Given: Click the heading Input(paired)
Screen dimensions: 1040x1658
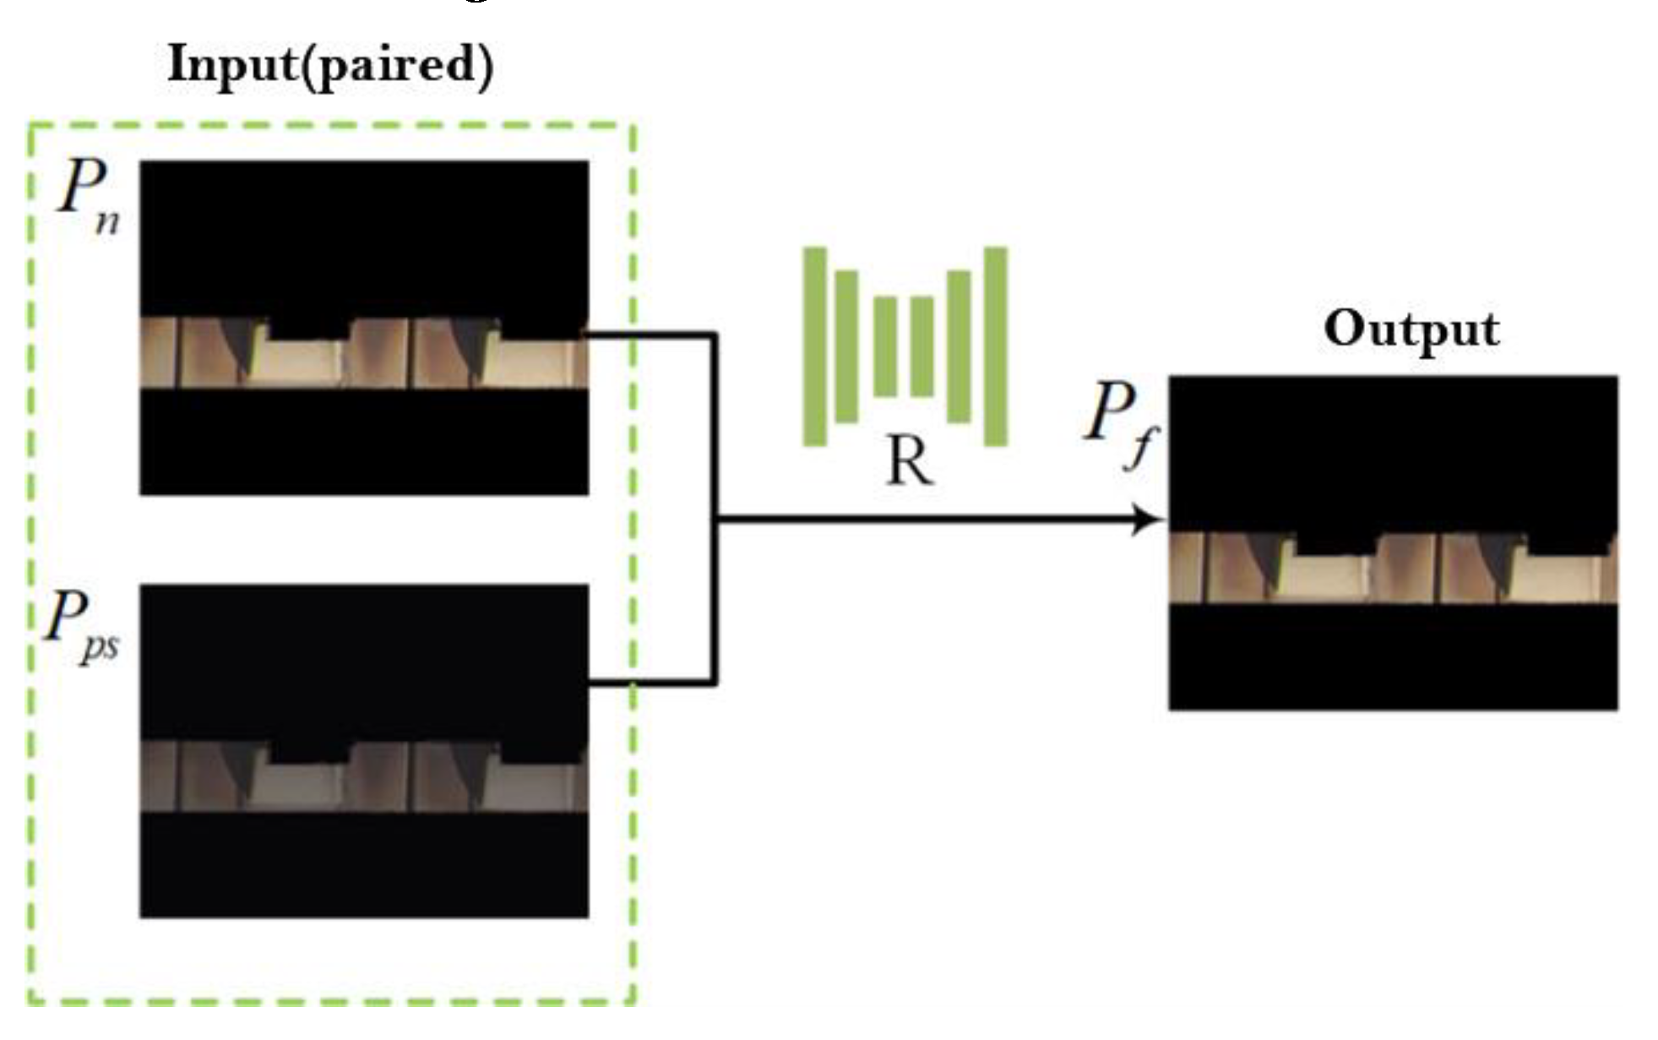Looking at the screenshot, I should tap(330, 65).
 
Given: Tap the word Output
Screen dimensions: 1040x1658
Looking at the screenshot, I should tap(1411, 329).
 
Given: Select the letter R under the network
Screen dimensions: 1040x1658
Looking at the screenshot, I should tap(910, 462).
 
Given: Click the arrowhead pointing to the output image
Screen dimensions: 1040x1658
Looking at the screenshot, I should tap(1148, 519).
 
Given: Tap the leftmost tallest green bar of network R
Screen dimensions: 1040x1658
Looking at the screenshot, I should tap(814, 346).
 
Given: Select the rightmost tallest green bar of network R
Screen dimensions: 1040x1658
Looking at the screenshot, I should tap(996, 346).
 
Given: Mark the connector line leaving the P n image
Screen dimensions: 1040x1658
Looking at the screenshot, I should tap(650, 335).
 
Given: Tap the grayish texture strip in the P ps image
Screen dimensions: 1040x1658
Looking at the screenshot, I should tap(363, 777).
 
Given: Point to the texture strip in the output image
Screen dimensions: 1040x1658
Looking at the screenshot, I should tap(1393, 568).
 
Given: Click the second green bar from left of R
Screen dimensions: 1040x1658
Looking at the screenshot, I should tap(846, 346).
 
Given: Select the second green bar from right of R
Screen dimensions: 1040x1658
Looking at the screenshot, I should tap(959, 346).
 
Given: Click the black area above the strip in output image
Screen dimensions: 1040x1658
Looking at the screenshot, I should tap(1393, 448).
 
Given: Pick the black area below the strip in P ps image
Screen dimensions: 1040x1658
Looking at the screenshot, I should tap(363, 866).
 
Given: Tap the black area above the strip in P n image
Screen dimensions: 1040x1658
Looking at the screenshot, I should tap(363, 237).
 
